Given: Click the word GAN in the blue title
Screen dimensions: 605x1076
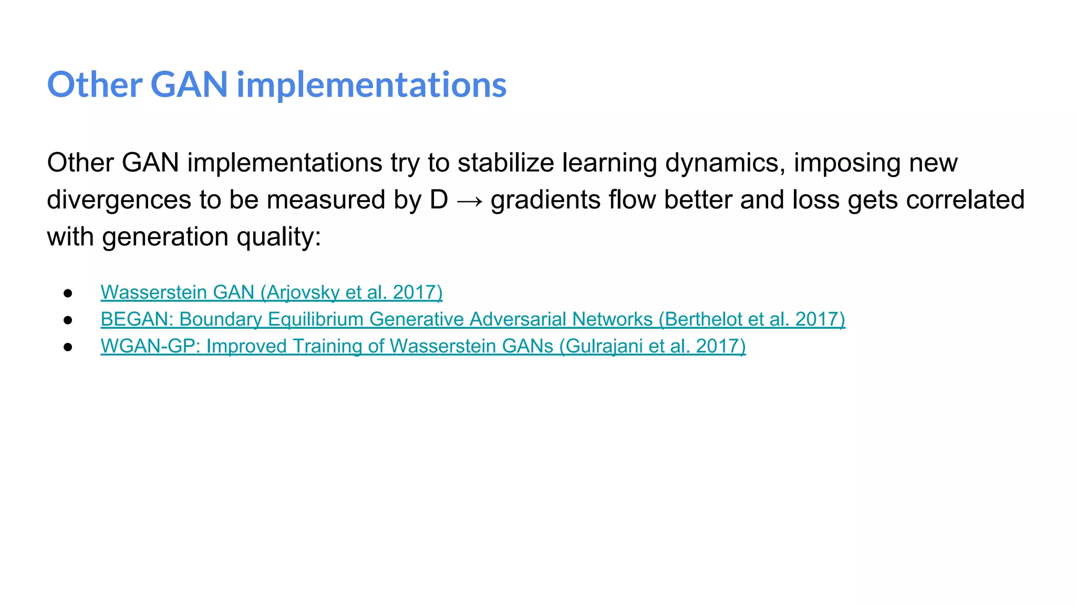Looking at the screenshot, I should pyautogui.click(x=189, y=85).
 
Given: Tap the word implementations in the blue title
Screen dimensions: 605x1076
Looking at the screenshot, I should pyautogui.click(x=371, y=85).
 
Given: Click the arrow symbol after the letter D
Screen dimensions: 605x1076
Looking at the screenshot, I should pyautogui.click(x=469, y=201).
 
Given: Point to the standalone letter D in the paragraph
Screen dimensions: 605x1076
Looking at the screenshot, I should pyautogui.click(x=439, y=200).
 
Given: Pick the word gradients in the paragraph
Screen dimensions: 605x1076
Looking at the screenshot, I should pyautogui.click(x=545, y=200).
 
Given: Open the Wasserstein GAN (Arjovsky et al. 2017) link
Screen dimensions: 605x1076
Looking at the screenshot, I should pyautogui.click(x=271, y=293).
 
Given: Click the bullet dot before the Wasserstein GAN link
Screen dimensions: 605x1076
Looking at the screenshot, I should pyautogui.click(x=68, y=293).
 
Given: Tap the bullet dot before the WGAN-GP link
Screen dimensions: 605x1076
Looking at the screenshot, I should pyautogui.click(x=68, y=347).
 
